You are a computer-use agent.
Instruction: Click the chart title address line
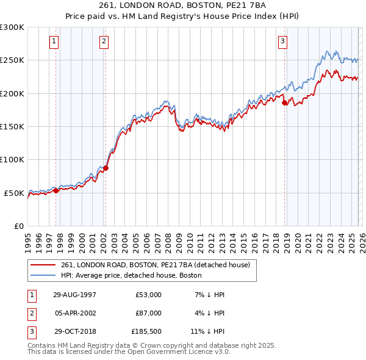coord(182,7)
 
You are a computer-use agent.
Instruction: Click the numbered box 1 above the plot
coord(54,41)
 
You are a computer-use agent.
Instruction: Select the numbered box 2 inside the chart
coord(104,41)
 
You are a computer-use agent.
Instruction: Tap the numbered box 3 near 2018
coord(283,41)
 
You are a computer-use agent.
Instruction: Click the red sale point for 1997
coord(56,190)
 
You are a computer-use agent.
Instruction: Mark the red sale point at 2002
coord(106,168)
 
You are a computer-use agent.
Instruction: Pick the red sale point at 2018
coord(285,103)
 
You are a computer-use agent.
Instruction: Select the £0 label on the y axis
coord(18,226)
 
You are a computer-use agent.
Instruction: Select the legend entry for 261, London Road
coord(156,265)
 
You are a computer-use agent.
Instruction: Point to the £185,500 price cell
coord(146,331)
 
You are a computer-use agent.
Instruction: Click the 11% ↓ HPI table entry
coord(207,331)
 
